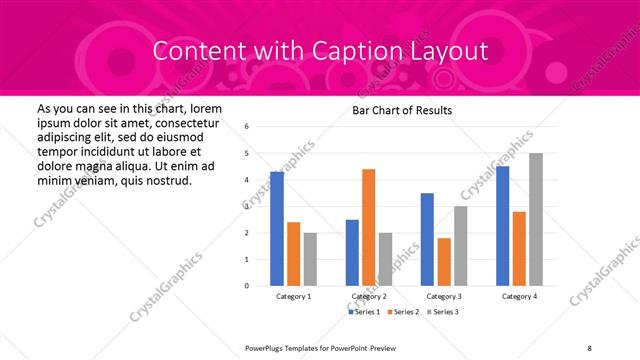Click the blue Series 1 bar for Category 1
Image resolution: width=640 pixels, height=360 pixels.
point(277,229)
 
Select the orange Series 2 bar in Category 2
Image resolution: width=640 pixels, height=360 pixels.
point(368,227)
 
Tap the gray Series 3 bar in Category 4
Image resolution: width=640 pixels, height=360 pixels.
point(536,219)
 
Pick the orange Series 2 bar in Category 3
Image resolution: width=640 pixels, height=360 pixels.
point(444,262)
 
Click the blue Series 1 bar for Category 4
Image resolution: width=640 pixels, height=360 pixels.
point(502,226)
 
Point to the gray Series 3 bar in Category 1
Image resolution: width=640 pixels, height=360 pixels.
point(310,259)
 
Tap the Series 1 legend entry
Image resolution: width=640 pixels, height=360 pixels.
point(365,313)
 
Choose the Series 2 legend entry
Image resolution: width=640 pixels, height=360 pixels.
point(403,313)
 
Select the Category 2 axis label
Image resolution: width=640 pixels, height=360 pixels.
point(369,297)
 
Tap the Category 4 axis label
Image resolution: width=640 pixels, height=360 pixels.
point(519,297)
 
